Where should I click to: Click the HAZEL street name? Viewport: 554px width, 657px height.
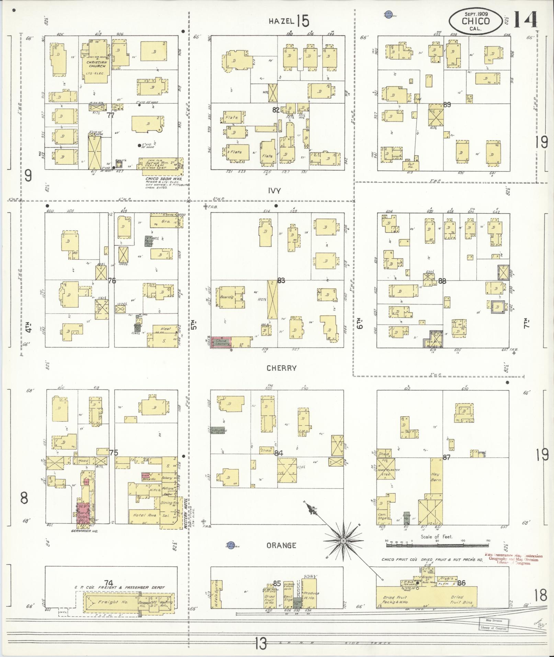281,21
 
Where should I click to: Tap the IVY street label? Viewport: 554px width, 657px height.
275,191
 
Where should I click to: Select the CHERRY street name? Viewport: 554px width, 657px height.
282,368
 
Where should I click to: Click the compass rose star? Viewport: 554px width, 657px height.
342,541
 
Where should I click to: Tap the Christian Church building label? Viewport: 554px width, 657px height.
97,64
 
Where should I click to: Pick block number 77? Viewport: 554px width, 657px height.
110,115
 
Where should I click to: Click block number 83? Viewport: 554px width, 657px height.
281,281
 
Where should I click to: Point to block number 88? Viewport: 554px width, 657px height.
442,281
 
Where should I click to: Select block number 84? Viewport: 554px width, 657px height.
279,453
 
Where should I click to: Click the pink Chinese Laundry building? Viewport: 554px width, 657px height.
221,342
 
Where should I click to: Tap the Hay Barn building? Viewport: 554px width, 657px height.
436,477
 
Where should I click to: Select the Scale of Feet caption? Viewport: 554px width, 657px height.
437,537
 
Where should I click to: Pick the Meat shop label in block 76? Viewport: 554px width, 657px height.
165,329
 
